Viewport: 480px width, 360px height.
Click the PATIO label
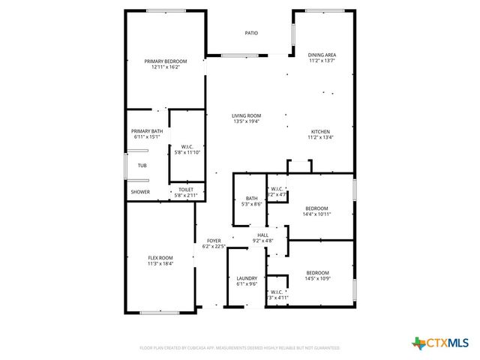[251, 33]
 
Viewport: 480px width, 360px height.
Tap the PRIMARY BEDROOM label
[166, 61]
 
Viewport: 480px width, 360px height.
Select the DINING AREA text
[322, 55]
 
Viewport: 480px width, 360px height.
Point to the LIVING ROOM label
[246, 115]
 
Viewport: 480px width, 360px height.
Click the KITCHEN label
[320, 131]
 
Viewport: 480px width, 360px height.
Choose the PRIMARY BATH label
[147, 131]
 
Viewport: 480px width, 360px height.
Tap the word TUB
[142, 165]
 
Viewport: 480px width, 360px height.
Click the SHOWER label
[140, 192]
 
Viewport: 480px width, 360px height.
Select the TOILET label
[186, 190]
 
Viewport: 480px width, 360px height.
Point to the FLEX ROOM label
[160, 258]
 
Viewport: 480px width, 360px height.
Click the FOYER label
[214, 241]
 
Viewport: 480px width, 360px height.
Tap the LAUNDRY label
[247, 278]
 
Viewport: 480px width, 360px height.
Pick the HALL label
[263, 235]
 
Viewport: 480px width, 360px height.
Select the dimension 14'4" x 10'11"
[316, 214]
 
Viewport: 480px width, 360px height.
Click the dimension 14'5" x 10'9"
[316, 278]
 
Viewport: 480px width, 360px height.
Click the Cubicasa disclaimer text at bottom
[240, 348]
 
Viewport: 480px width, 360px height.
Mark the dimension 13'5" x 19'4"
[246, 121]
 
